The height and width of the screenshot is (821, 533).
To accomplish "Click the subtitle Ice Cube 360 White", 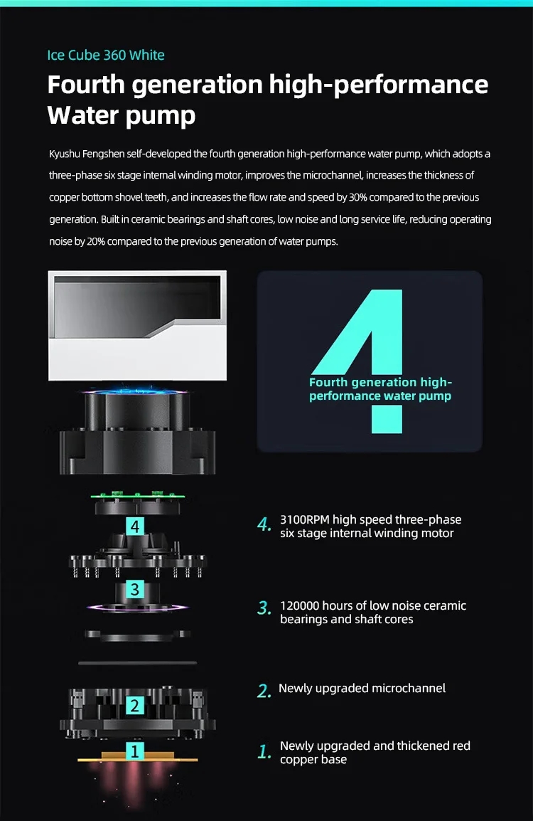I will coord(106,55).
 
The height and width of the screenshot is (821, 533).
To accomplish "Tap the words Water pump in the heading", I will coord(122,115).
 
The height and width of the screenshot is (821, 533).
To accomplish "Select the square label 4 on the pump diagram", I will coord(135,526).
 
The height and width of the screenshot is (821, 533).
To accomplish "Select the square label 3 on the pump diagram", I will coord(135,589).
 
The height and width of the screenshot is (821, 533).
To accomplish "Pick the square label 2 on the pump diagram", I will coord(134,706).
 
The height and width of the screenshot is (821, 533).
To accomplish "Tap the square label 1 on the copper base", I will coord(135,751).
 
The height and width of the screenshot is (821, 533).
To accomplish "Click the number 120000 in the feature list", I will coord(299,605).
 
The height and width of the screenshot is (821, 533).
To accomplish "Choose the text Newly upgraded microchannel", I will coord(362,688).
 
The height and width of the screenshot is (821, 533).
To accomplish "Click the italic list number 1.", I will coord(264,752).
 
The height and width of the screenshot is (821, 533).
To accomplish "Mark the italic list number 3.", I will coord(264,608).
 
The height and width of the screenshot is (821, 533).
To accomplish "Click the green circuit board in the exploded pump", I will coord(136,496).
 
